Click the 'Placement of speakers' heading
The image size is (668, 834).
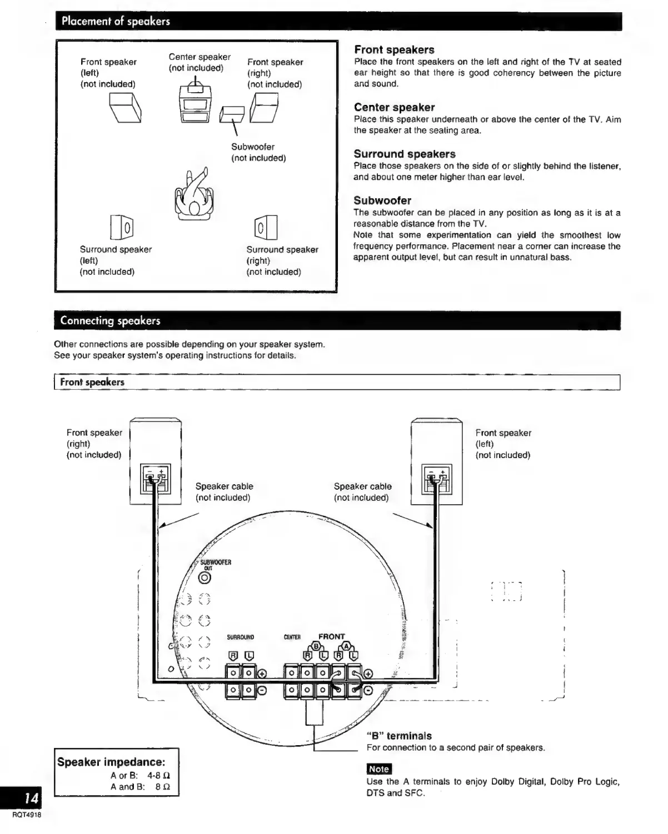116,22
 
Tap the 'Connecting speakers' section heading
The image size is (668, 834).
110,320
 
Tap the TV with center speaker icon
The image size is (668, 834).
195,103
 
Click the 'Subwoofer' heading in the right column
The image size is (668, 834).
382,200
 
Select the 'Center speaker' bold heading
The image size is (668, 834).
394,107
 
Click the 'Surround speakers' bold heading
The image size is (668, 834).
404,154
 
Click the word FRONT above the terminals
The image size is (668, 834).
331,636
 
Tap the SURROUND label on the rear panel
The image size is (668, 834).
240,637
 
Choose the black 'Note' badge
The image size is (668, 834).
379,769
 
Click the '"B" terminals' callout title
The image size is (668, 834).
398,736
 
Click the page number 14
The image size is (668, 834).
32,798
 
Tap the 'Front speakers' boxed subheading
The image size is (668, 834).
92,382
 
